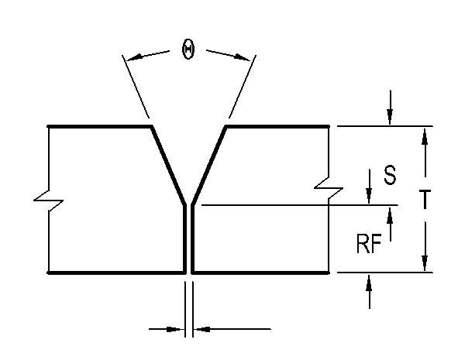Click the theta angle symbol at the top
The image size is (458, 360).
(x=188, y=50)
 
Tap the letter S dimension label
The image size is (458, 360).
(x=390, y=175)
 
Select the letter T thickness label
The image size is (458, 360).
(x=425, y=199)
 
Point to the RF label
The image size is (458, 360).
(x=369, y=244)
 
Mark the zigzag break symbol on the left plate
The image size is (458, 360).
(x=49, y=201)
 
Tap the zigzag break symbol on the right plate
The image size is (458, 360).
(x=329, y=188)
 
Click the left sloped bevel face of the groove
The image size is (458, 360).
(x=168, y=166)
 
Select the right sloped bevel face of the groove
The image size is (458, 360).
(x=208, y=166)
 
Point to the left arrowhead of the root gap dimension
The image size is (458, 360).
(x=174, y=329)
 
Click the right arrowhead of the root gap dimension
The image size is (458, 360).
(x=203, y=329)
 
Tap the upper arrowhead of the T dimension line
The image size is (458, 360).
(x=425, y=137)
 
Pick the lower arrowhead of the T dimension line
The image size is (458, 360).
(x=425, y=262)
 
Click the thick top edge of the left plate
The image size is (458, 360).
(x=100, y=126)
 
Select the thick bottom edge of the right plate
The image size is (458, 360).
(x=260, y=273)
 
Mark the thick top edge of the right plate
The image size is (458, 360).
(x=277, y=126)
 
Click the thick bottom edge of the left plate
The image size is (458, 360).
(x=117, y=273)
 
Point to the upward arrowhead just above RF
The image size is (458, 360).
(x=390, y=215)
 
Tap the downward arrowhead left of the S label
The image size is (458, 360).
(x=369, y=195)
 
